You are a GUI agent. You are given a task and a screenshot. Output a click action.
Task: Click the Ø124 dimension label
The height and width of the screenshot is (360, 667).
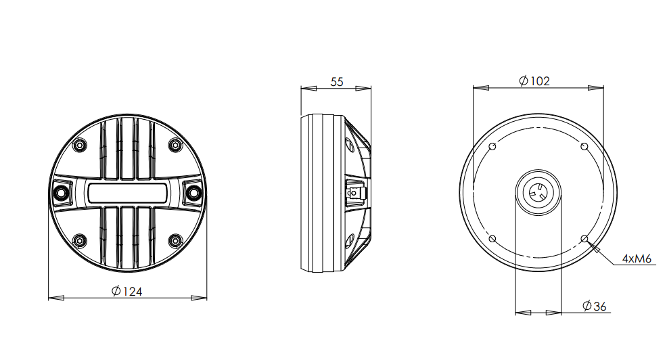(x=127, y=292)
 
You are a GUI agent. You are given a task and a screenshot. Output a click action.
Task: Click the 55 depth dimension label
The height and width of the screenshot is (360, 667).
(x=336, y=82)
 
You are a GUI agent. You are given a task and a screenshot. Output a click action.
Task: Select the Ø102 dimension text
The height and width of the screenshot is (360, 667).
(x=534, y=81)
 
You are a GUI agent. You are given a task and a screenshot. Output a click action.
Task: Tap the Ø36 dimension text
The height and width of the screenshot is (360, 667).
(x=594, y=306)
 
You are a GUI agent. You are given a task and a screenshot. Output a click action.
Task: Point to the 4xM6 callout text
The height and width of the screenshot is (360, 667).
(x=637, y=258)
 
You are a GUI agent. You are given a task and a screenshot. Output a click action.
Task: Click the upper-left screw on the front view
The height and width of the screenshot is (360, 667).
(x=79, y=145)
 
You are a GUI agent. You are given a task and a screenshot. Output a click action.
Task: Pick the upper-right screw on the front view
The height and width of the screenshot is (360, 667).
(x=176, y=145)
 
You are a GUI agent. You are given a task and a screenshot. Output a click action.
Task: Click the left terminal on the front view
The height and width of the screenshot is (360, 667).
(x=62, y=193)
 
